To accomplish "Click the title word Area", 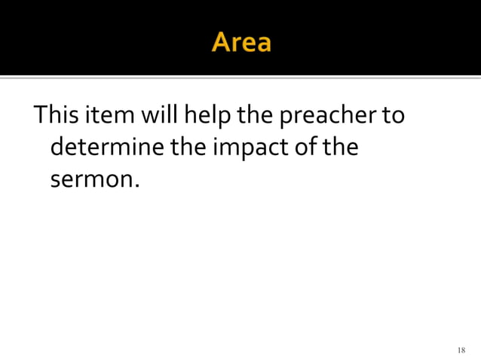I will click(241, 42).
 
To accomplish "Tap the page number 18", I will click(461, 350).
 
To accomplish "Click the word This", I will click(54, 117).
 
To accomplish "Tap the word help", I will click(199, 118).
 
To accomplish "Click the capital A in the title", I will click(223, 42).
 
